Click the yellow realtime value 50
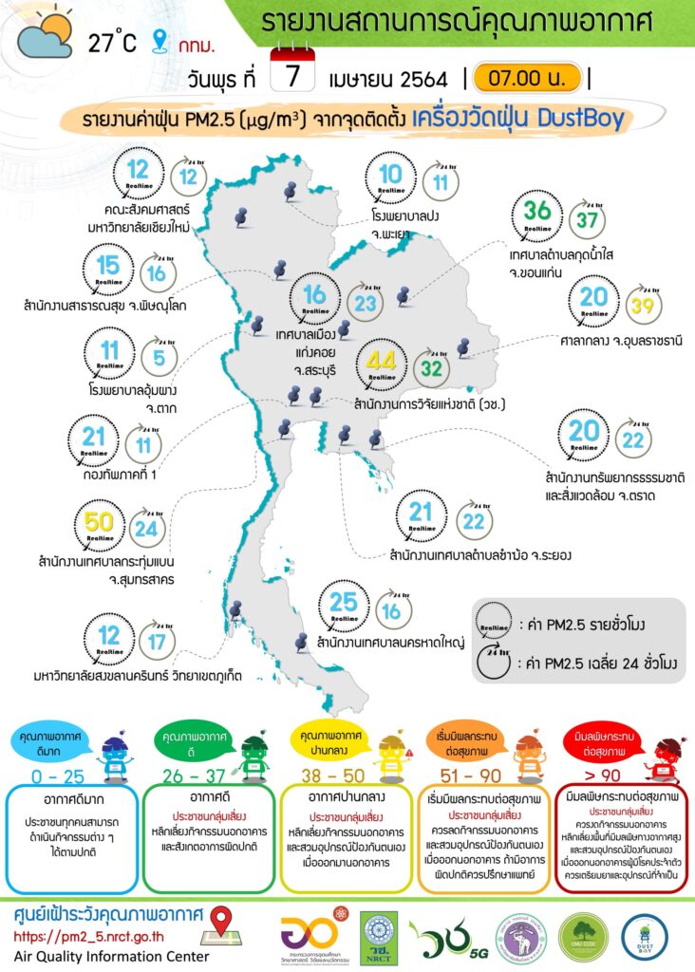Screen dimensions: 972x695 (99, 522)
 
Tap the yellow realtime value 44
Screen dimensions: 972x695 (381, 361)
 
